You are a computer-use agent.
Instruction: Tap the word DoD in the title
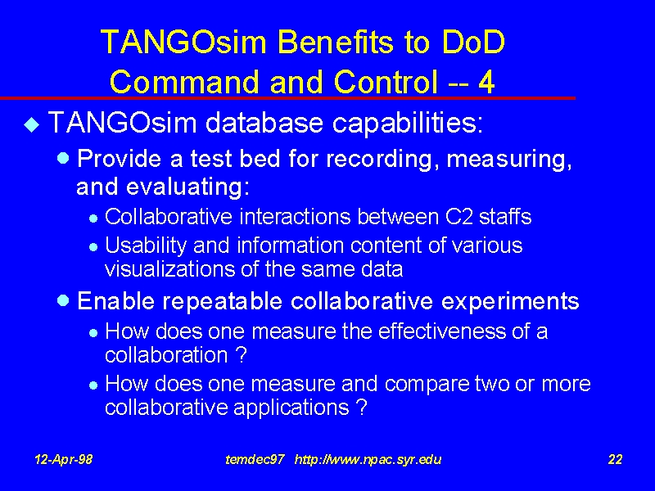pos(473,43)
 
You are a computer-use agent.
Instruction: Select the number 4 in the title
pos(486,82)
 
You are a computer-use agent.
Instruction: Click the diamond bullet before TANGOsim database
pos(32,124)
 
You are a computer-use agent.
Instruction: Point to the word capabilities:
pos(408,124)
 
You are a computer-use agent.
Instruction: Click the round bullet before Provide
pos(63,158)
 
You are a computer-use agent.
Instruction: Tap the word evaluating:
pos(188,187)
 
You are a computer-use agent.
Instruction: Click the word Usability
pos(146,246)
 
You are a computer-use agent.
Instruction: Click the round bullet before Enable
pos(63,300)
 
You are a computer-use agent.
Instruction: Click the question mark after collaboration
pos(241,355)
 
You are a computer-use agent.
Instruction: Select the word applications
pos(291,408)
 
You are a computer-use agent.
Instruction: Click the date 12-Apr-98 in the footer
pos(64,460)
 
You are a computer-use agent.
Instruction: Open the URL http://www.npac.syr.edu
pos(368,460)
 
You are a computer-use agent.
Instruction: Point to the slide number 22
pos(616,460)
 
